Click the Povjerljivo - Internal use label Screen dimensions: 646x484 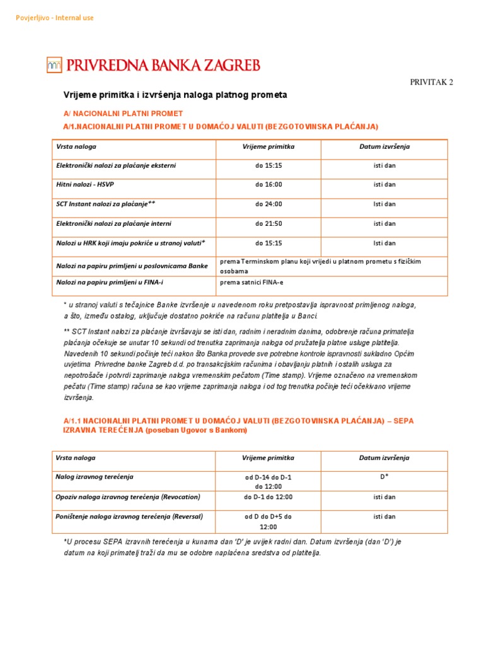pos(54,18)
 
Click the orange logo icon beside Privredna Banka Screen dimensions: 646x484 pos(54,64)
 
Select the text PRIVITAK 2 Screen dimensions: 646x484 pos(432,82)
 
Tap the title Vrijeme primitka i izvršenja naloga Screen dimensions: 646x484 pos(175,95)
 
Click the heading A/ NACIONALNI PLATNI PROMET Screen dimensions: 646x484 pos(123,114)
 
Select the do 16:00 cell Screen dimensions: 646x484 pos(268,185)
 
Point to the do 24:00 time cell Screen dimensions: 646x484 pos(268,204)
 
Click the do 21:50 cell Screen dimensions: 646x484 pos(268,223)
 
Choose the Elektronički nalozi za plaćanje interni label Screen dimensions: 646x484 pos(113,223)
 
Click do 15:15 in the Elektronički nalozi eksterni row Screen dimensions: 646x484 pos(268,165)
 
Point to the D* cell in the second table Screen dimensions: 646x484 pos(384,477)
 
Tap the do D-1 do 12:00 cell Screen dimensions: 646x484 pos(268,497)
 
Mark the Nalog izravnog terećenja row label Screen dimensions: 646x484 pos(95,477)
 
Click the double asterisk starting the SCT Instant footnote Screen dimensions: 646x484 pos(67,331)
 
